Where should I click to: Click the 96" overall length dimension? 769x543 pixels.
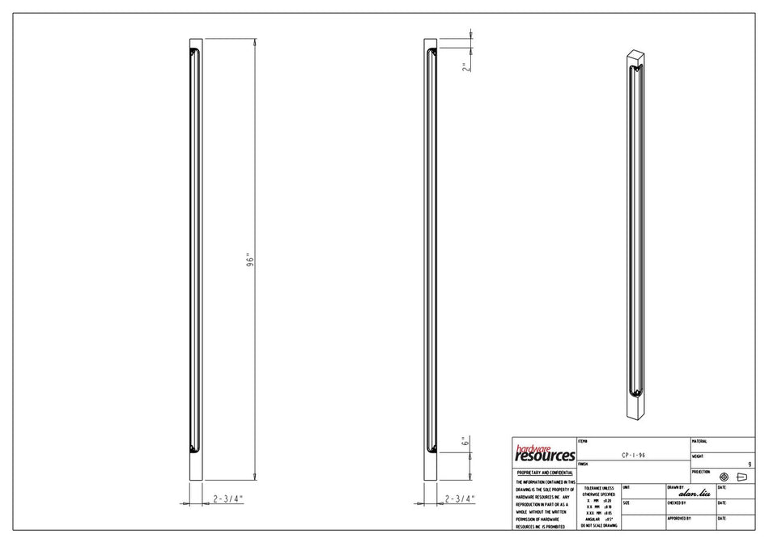(251, 261)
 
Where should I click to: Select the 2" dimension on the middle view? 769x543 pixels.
(465, 67)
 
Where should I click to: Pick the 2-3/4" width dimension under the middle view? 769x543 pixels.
(460, 499)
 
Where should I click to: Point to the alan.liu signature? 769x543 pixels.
(695, 492)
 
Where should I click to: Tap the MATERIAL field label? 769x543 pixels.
(699, 442)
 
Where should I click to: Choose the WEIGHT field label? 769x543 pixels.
(699, 456)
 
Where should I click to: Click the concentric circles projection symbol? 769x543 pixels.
(724, 477)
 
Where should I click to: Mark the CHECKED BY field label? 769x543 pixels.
(678, 503)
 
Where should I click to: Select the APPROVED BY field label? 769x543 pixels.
(679, 518)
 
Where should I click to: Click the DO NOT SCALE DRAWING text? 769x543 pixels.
(598, 526)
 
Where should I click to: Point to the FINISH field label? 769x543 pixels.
(583, 465)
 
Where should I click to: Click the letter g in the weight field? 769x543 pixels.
(750, 464)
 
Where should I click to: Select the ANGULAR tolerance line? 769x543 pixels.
(598, 519)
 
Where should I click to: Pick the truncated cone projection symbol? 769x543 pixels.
(741, 477)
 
